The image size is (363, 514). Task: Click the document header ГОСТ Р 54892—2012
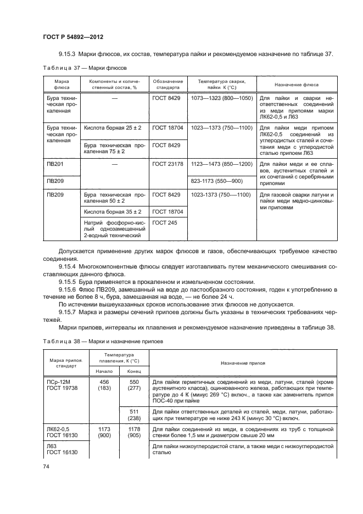coord(73,37)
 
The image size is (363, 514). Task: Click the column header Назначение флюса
coord(297,85)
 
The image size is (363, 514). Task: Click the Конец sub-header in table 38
coord(134,371)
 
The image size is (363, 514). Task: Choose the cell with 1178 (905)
coord(134,432)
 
